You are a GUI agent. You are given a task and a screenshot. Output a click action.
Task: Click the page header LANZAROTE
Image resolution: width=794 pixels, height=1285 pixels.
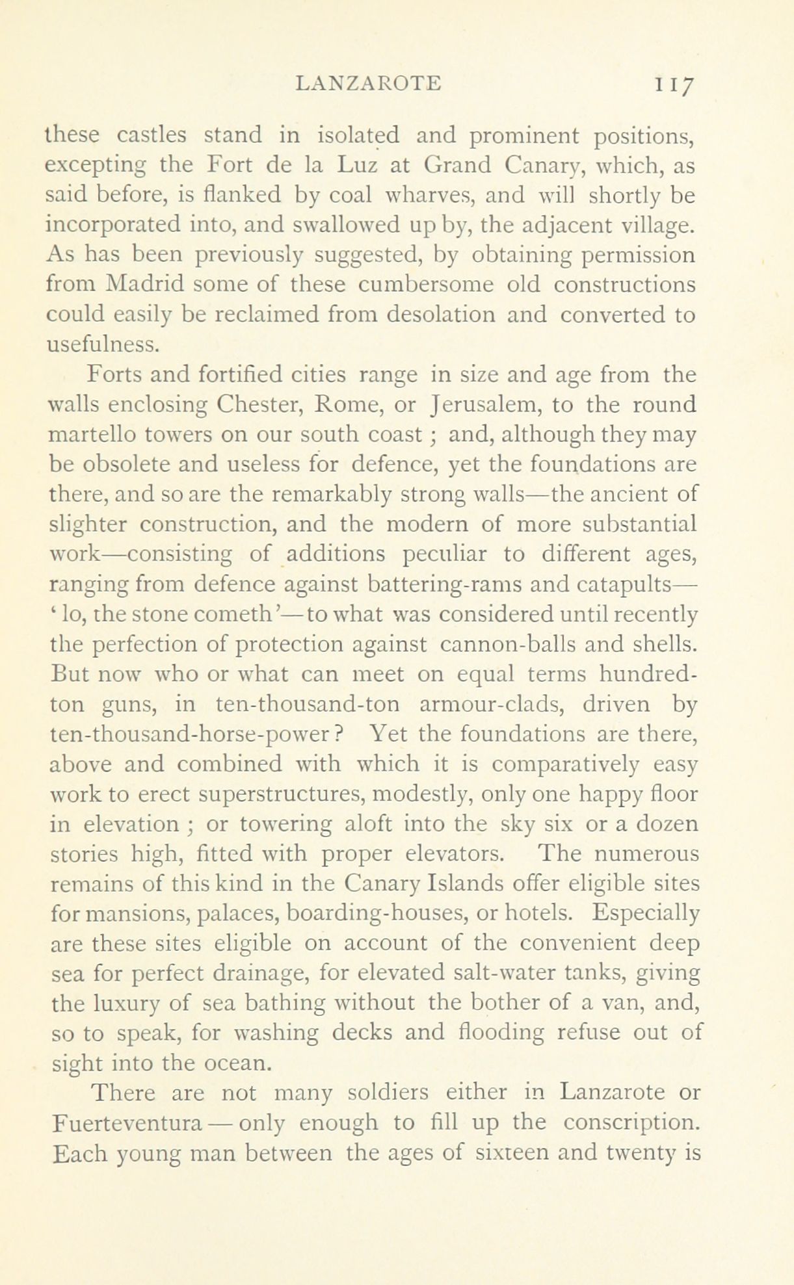coord(368,83)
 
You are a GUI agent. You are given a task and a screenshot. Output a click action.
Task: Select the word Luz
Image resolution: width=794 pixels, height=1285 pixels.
coord(356,165)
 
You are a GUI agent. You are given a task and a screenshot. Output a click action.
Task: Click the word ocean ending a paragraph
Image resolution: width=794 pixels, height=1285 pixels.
coord(233,1063)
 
